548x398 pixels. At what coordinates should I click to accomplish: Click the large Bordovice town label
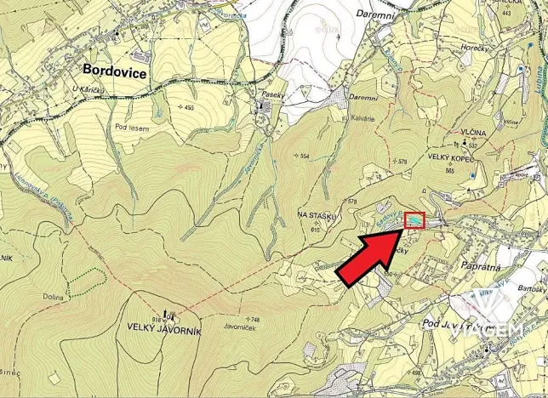coord(115,72)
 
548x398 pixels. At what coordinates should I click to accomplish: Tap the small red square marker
coord(414,221)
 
